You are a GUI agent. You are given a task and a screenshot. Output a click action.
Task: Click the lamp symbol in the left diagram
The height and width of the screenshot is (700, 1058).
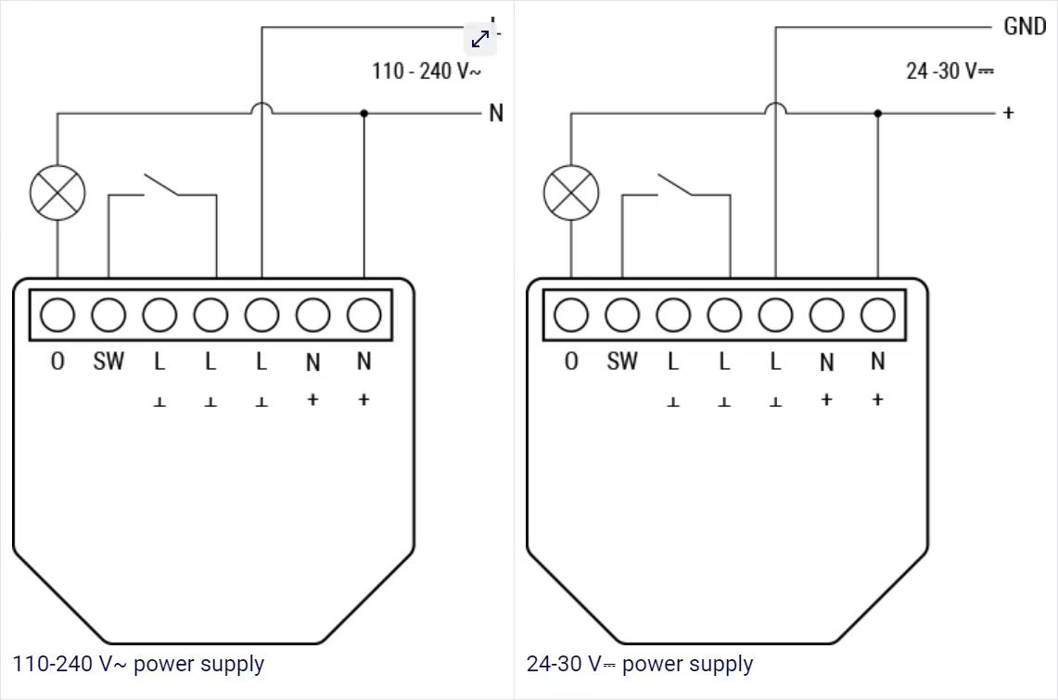click(x=57, y=194)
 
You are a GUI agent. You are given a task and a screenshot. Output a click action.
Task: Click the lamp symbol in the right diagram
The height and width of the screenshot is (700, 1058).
click(x=570, y=194)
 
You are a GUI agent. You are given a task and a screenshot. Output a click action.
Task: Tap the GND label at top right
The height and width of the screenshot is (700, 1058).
click(x=1025, y=27)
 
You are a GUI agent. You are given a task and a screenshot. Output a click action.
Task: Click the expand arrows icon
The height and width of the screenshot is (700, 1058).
click(x=480, y=38)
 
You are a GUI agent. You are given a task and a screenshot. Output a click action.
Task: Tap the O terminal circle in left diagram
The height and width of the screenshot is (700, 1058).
click(x=57, y=315)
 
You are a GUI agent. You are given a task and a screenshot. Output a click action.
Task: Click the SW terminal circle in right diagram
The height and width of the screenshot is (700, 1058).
click(x=622, y=315)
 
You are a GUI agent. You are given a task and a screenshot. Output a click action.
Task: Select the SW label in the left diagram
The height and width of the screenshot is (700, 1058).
click(x=108, y=362)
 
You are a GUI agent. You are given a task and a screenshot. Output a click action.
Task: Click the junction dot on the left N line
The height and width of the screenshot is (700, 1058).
click(x=363, y=113)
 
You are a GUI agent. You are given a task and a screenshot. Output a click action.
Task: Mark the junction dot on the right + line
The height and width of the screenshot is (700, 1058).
click(x=877, y=113)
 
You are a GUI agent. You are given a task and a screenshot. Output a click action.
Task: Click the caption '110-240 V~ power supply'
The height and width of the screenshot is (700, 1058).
click(x=139, y=664)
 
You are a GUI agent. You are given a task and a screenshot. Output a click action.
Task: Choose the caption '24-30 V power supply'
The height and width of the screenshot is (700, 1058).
click(x=640, y=664)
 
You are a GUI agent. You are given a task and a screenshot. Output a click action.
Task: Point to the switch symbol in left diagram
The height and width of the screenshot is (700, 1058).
click(x=162, y=185)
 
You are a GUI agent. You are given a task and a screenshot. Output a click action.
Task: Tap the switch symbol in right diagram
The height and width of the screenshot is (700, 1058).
click(x=675, y=185)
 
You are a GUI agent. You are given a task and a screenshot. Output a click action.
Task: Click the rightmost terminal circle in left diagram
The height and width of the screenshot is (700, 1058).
click(x=363, y=315)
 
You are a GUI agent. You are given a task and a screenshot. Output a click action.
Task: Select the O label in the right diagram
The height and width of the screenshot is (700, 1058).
click(x=571, y=362)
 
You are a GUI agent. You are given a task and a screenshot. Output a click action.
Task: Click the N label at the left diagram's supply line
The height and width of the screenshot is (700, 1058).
click(x=496, y=113)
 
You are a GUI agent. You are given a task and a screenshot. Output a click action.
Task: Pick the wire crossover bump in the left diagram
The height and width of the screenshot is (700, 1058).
click(x=261, y=108)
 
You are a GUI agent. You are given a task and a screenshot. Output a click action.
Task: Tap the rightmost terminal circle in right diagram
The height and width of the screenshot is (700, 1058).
click(x=877, y=315)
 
